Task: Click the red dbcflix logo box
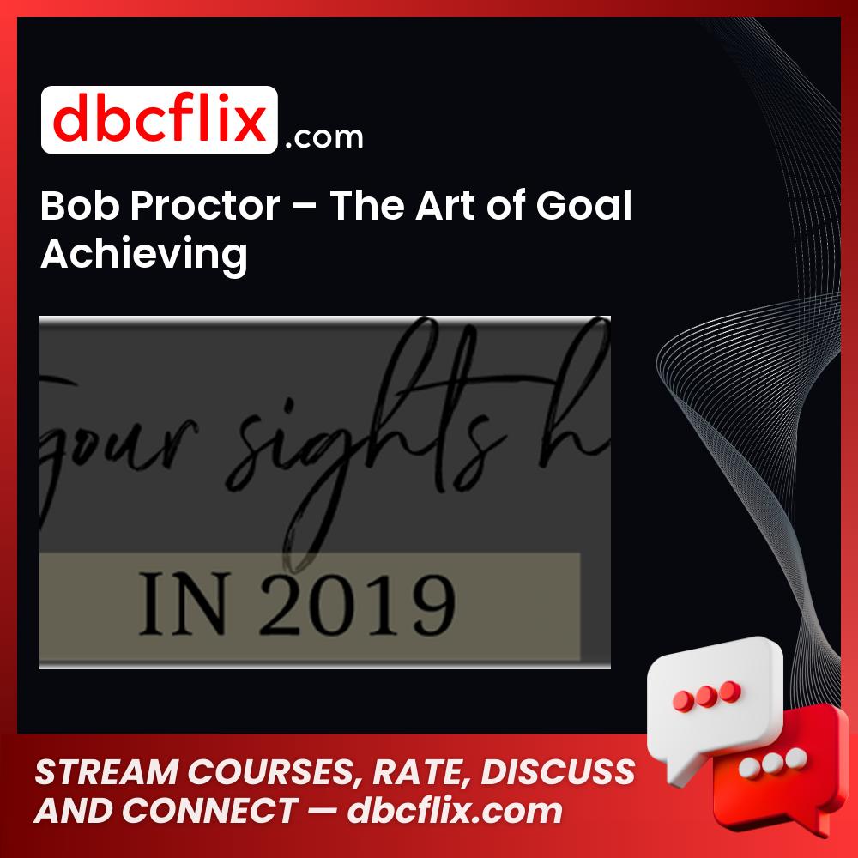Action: point(159,120)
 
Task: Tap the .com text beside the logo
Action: point(323,136)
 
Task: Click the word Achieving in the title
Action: point(144,255)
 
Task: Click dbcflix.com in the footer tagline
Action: point(455,810)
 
